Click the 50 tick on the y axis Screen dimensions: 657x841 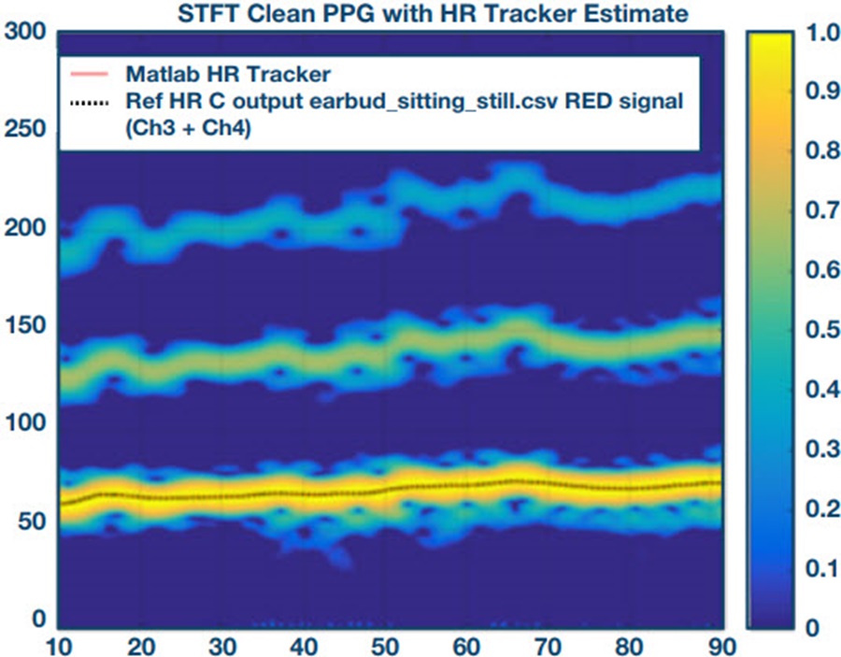click(32, 521)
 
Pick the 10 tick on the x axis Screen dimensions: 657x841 click(59, 645)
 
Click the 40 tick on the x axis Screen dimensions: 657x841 click(305, 645)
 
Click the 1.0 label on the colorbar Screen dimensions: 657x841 click(811, 34)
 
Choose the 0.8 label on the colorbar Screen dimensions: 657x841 click(811, 153)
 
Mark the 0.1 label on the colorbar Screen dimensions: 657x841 click(811, 567)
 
